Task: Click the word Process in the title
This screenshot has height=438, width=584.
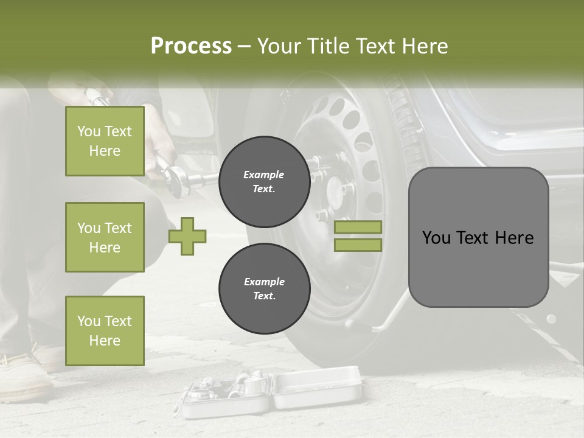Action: coord(191,46)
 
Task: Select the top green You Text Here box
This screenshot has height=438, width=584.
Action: coord(105,141)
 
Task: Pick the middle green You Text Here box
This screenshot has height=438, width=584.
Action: coord(105,237)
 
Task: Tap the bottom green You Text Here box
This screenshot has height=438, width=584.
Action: coord(105,330)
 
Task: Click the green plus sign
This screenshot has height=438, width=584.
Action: coord(187,236)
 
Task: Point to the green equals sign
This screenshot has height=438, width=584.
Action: coord(358,236)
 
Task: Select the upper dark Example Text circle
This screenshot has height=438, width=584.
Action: coord(264,181)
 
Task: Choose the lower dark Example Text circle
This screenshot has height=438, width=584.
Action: coord(264,288)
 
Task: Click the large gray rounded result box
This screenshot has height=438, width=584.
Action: coord(478,237)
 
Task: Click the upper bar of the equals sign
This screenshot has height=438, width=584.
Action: coord(358,227)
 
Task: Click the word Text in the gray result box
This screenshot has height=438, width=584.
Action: coord(477,238)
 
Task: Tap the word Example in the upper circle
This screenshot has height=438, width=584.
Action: coord(263,175)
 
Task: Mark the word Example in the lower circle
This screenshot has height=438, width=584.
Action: coord(264,282)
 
